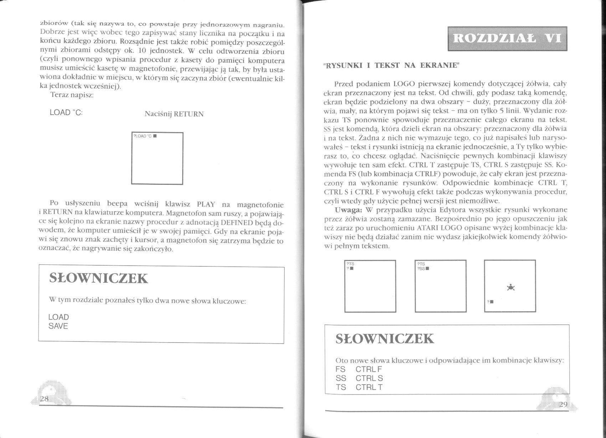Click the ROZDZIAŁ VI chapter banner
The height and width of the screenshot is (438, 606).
click(x=507, y=38)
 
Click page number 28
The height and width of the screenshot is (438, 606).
click(x=45, y=398)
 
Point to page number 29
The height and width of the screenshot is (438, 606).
click(x=563, y=404)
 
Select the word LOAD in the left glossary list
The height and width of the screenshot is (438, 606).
click(x=59, y=317)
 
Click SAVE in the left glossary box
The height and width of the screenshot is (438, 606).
click(x=58, y=326)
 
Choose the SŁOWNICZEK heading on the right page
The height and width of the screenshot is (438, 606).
click(x=385, y=339)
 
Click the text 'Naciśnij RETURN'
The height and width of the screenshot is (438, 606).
click(x=174, y=114)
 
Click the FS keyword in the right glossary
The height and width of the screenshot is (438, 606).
click(x=340, y=369)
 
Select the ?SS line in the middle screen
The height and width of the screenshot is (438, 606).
click(x=422, y=269)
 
